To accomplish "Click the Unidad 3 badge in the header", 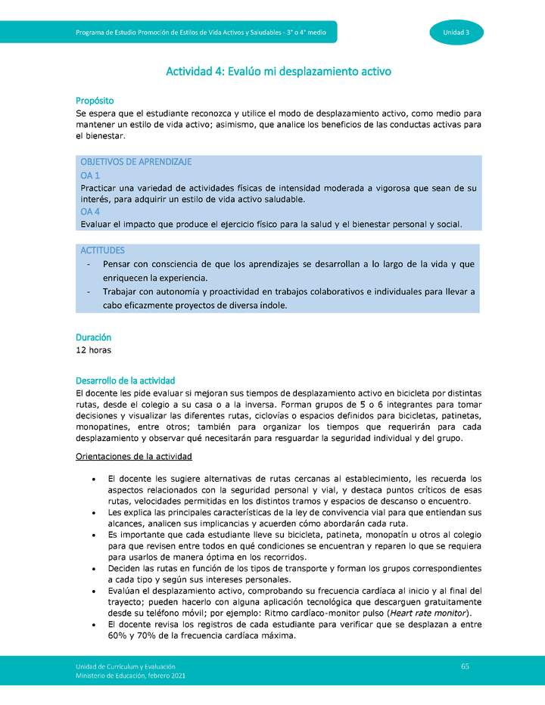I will coord(456,32).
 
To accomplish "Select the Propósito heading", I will coord(95,101).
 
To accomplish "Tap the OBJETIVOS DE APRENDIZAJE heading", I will coord(135,162).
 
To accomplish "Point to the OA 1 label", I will coord(90,175).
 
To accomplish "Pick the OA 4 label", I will coord(90,212).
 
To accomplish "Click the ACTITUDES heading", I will coord(102,250).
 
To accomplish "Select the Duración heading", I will coord(93,337).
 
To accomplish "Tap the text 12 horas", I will coord(93,350).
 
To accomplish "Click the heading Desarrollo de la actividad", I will coord(125,380).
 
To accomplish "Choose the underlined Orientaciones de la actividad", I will coord(134,456).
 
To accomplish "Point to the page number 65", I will coord(465,666).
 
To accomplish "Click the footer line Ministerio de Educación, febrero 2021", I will coord(130,675).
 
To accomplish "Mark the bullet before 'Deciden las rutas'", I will coord(92,567).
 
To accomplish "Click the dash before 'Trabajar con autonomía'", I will coord(90,292).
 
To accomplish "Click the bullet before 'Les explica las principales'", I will coord(92,513).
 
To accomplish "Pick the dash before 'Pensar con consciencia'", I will coord(90,264).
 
